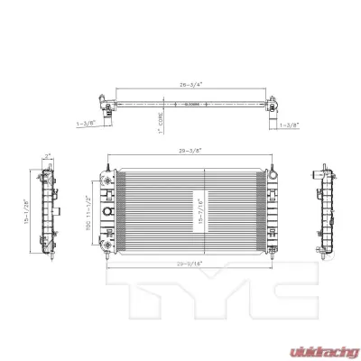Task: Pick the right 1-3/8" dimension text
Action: [290, 124]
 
